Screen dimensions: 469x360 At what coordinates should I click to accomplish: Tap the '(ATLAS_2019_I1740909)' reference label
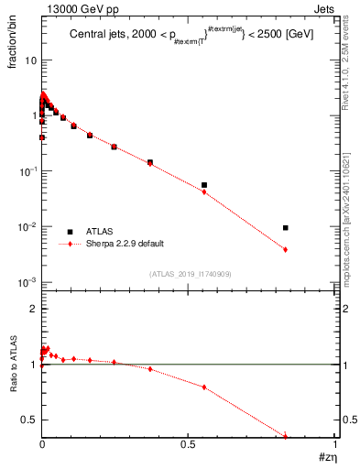190,274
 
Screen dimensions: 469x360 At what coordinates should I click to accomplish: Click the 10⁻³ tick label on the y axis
27,282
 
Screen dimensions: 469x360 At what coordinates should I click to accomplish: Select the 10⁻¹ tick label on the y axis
27,171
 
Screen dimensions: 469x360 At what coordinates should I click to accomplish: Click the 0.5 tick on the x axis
189,443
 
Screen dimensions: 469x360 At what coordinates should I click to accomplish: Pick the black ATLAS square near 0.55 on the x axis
204,185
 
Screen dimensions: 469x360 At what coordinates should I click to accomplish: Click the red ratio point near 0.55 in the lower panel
204,387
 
